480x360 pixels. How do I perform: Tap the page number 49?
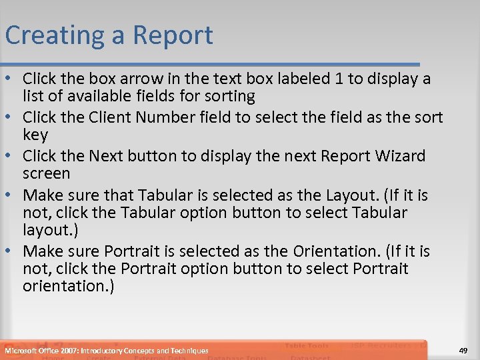pos(464,351)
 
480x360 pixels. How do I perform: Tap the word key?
pos(35,135)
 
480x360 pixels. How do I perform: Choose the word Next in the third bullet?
pos(107,157)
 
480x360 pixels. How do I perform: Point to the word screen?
pos(46,174)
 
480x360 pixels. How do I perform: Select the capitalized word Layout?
pos(351,195)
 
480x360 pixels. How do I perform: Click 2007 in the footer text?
pos(68,351)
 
